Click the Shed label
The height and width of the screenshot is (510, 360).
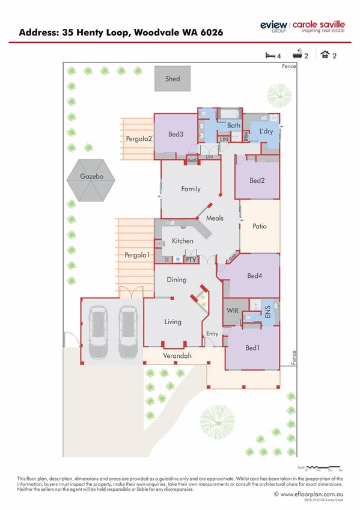(172, 79)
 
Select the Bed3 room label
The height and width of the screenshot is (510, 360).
(175, 134)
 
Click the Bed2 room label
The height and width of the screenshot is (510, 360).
(257, 180)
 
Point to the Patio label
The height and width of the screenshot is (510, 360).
(259, 227)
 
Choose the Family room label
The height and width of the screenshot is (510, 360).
(191, 189)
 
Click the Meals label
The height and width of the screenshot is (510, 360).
(215, 219)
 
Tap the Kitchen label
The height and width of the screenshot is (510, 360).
(183, 241)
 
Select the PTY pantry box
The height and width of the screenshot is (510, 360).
(191, 260)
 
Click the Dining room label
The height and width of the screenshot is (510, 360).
(177, 280)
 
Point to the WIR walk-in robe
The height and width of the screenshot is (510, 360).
(233, 311)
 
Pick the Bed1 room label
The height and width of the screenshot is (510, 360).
(252, 348)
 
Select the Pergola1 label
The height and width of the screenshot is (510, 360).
(137, 255)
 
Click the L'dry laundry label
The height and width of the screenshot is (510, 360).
(266, 131)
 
